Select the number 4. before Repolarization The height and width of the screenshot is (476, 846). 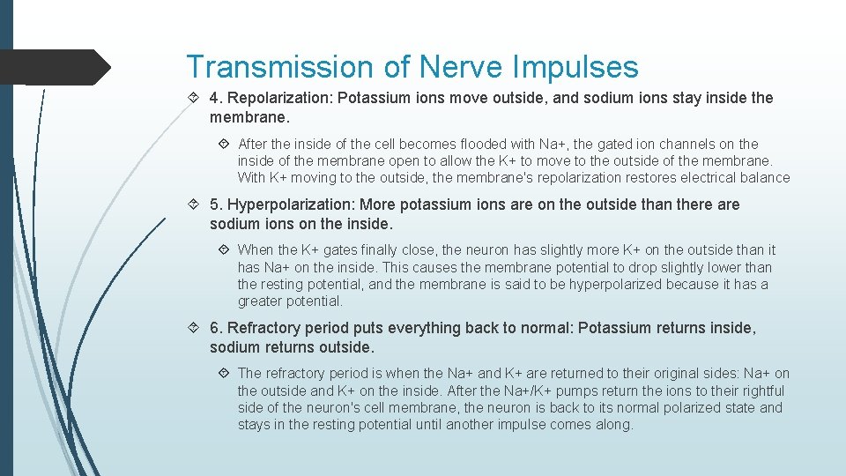pos(215,98)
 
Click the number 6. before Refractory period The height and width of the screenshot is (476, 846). pos(215,328)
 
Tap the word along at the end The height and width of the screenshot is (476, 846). pos(613,424)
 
